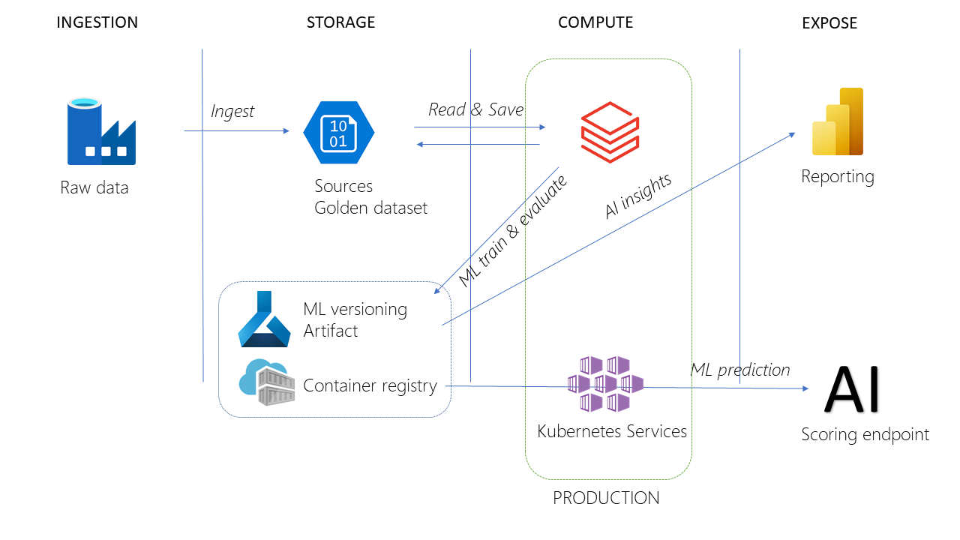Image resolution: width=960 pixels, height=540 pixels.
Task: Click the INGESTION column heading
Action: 97,22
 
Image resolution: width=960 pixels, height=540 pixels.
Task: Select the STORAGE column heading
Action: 340,22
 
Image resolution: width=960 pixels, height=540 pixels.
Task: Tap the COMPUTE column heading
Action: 595,22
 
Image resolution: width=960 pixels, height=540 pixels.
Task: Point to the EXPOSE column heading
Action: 829,23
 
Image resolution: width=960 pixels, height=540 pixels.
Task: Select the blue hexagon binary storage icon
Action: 338,133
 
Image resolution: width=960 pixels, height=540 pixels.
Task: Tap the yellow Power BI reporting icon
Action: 838,121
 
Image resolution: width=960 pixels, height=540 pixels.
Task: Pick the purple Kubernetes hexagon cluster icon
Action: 606,384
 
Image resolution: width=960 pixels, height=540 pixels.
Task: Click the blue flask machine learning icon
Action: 263,319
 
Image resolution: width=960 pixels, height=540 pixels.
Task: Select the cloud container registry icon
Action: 266,382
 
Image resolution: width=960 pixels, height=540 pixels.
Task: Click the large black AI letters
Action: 853,390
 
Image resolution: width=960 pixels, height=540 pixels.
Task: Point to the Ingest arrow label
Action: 232,112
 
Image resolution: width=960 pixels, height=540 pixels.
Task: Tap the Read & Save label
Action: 475,109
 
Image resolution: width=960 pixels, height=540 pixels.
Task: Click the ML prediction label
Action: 739,370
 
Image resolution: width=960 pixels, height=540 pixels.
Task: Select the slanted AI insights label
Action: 637,196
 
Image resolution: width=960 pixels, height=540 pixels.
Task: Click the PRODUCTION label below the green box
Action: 606,498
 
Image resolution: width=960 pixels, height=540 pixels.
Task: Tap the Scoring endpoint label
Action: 865,434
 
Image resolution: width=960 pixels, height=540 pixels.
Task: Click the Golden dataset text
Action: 370,208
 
